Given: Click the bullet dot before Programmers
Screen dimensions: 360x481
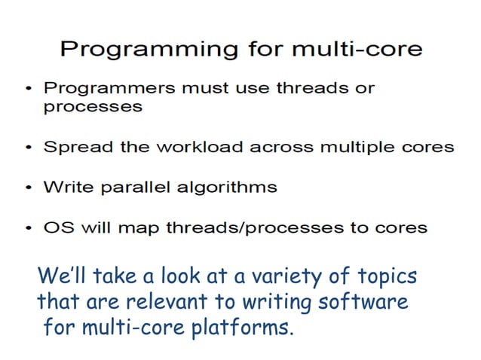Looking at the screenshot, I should [x=27, y=90].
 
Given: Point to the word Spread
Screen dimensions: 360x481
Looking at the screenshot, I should [x=72, y=147].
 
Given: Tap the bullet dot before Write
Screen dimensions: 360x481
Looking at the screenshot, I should [x=27, y=188].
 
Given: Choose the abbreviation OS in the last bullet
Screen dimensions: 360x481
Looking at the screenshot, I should [x=55, y=227].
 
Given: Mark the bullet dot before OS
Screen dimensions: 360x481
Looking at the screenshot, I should [x=27, y=228].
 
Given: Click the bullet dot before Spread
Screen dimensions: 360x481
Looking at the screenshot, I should [x=27, y=148].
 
